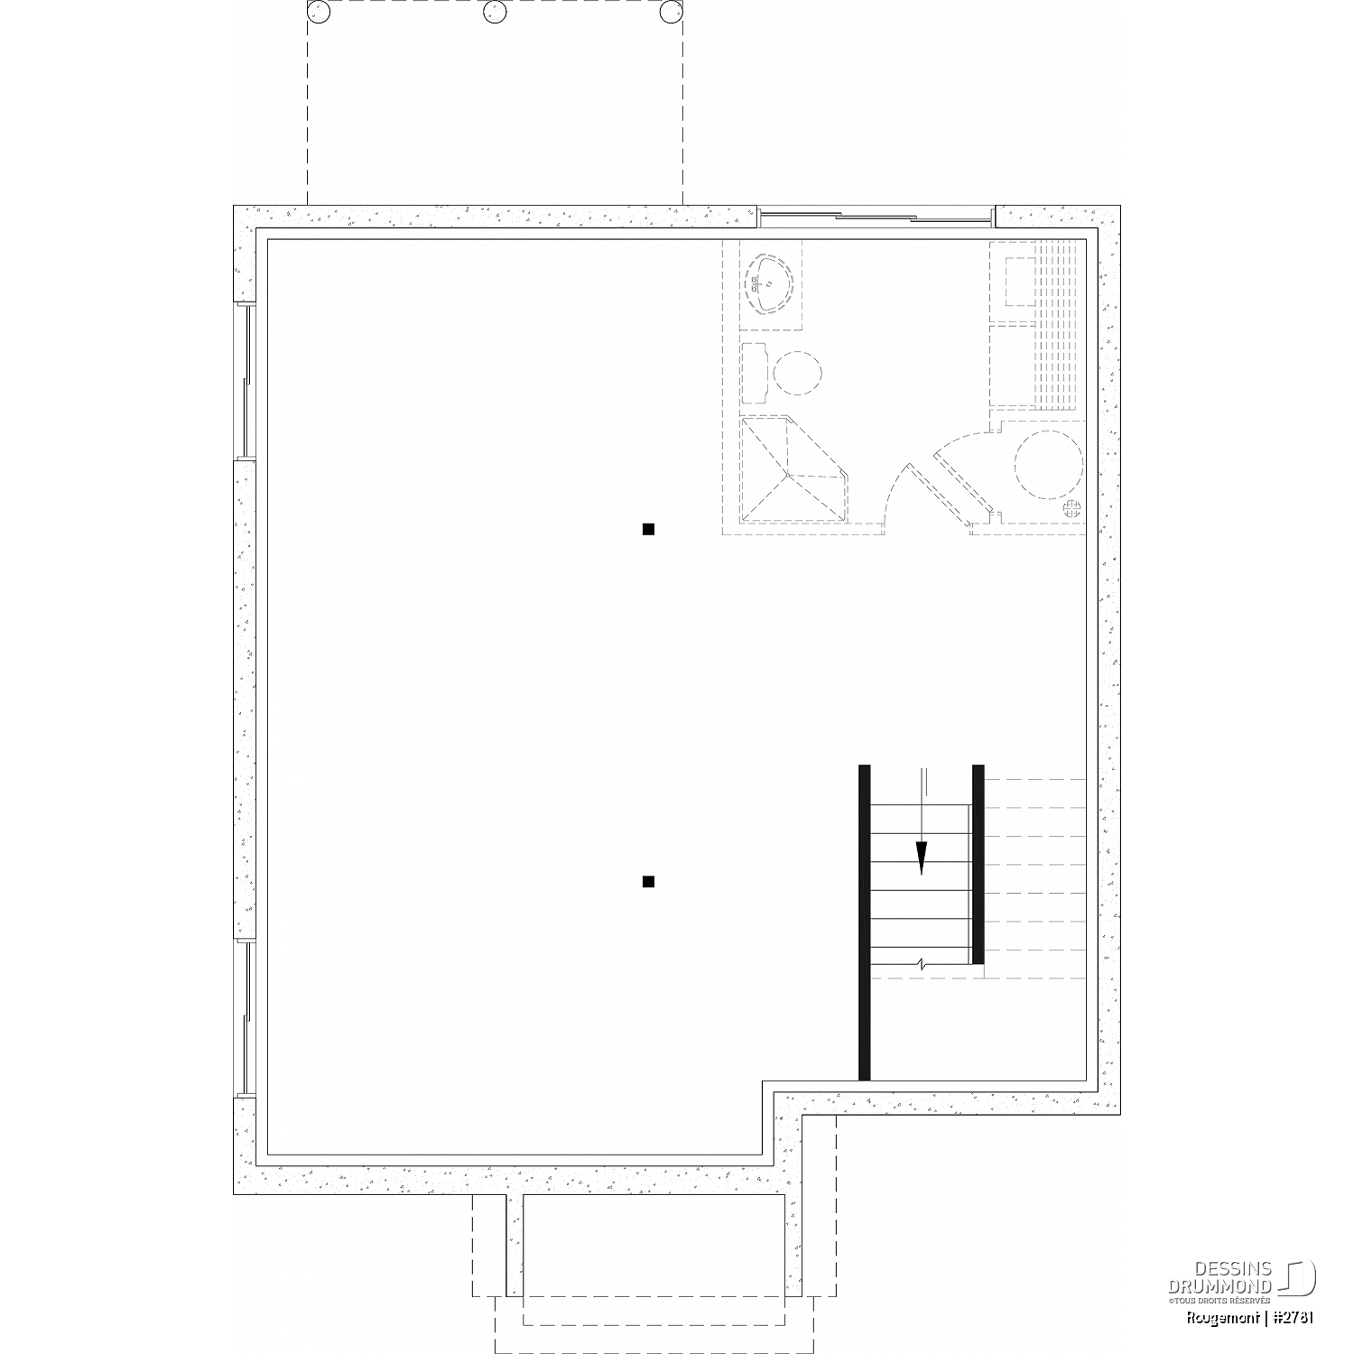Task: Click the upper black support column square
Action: pos(648,529)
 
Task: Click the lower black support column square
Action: pos(648,881)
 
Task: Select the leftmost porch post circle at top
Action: pos(317,12)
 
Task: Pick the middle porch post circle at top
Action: pos(494,12)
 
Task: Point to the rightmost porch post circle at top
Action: pos(670,12)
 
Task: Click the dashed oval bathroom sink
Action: pos(767,283)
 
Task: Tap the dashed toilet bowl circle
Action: pos(798,372)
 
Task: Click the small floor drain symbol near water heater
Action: pos(1071,507)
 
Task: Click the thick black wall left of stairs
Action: pos(864,923)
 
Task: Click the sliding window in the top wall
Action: pos(876,216)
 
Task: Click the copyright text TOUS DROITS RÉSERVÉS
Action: pos(1220,1300)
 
